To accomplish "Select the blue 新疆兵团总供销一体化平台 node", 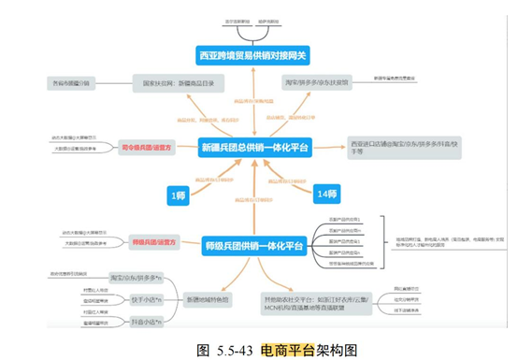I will point(254,147).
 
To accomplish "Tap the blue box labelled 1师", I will point(178,194).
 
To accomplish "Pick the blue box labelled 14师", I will point(326,194).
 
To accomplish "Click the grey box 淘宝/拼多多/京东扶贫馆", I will point(316,83).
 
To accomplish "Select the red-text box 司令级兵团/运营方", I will point(146,147).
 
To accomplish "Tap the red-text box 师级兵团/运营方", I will point(150,241).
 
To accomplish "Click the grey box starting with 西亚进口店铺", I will point(389,147).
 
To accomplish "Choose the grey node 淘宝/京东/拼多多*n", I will point(135,278).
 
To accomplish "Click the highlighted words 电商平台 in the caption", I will point(290,350).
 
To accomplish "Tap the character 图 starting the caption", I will point(204,350).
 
